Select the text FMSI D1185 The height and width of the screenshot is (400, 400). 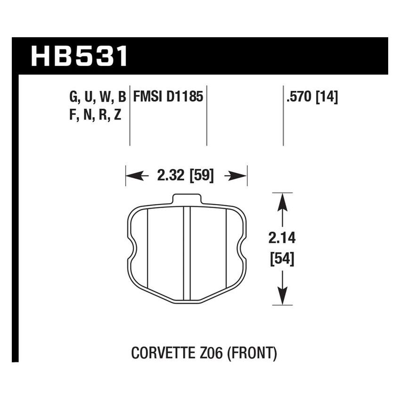[168, 97]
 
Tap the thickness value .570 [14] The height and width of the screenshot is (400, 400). [311, 97]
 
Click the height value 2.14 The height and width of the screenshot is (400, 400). [281, 239]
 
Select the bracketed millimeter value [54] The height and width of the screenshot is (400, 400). [281, 259]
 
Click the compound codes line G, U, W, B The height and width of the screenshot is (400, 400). [97, 97]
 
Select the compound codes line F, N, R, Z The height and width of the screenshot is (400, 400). [95, 115]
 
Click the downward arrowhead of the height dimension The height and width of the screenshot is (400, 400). [281, 296]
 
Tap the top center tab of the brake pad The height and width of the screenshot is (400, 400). [187, 200]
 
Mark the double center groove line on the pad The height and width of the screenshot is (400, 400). [187, 254]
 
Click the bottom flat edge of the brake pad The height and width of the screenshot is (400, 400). [187, 301]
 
